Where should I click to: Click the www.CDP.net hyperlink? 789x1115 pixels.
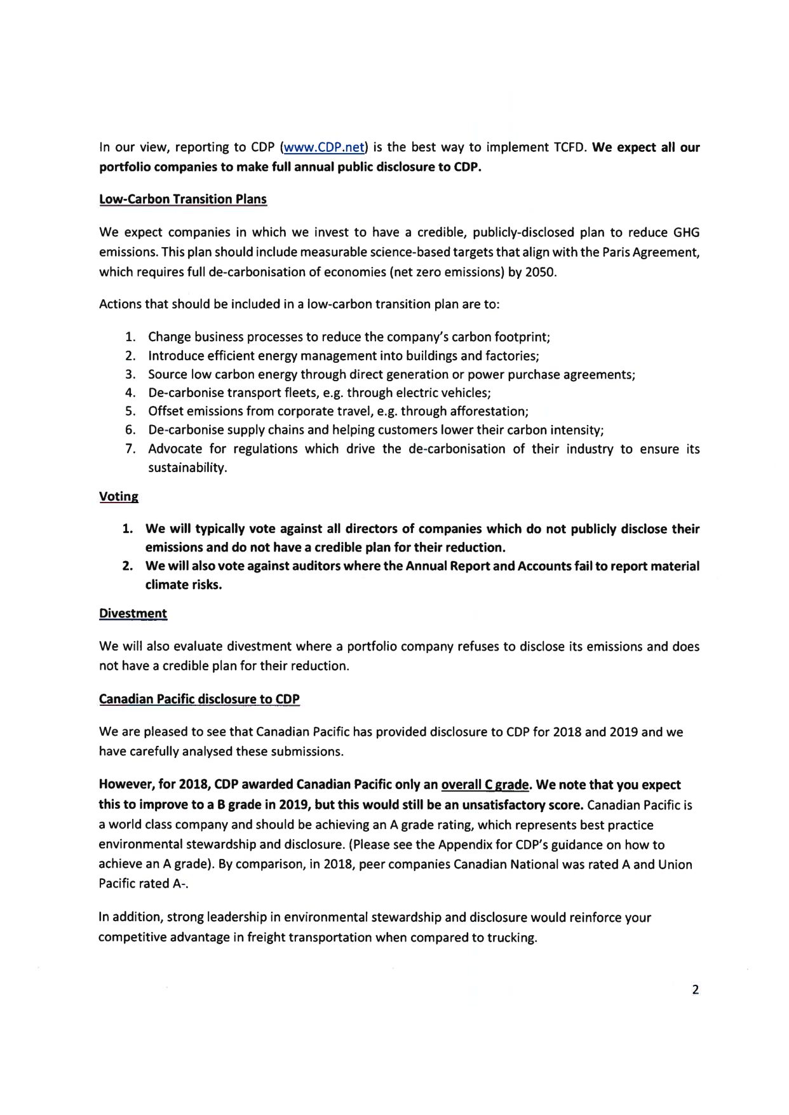[324, 147]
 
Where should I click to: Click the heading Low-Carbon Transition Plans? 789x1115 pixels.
[183, 199]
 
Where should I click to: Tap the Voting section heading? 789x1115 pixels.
[118, 496]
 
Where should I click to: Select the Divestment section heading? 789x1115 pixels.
[133, 613]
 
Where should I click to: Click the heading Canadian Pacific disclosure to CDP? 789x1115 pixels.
[199, 699]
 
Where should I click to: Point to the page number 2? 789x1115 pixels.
[695, 989]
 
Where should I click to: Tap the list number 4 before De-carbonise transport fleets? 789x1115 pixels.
[131, 393]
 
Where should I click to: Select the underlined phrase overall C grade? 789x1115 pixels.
[485, 785]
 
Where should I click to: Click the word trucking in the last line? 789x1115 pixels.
[511, 938]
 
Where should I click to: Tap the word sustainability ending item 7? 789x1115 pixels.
[187, 468]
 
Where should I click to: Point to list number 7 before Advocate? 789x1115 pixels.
[131, 449]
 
